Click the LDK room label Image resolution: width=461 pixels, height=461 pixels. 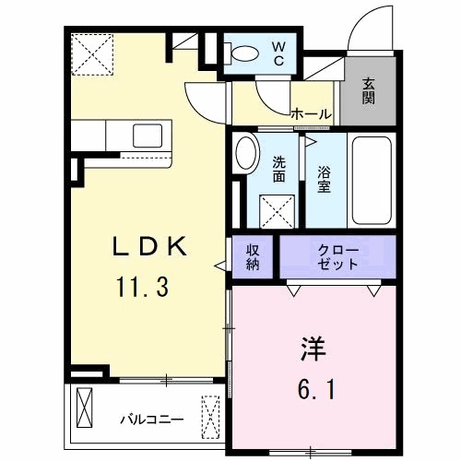coord(150,246)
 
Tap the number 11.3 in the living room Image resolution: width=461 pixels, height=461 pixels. coord(141,287)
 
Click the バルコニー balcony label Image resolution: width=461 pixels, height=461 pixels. coord(151,420)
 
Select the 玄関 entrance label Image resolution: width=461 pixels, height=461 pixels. coord(368,90)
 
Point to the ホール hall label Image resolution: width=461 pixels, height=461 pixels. coord(311,114)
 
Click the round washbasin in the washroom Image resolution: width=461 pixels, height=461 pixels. coord(245,154)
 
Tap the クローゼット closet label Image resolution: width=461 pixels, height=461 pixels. coord(337,257)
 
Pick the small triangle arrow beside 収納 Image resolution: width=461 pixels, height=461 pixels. coord(220,266)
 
